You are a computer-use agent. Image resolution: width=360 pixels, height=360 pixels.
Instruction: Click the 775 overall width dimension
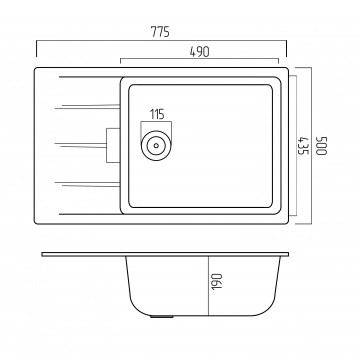(x=160, y=32)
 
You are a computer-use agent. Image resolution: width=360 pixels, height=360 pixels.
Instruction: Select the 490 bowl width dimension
(x=199, y=52)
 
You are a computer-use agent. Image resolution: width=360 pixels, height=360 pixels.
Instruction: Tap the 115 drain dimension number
(x=157, y=114)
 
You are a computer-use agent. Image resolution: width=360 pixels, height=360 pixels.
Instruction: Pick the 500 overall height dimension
(x=322, y=145)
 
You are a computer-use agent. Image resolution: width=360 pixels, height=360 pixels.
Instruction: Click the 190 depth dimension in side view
(x=217, y=281)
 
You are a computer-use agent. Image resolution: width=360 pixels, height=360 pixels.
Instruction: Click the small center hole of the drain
(x=156, y=145)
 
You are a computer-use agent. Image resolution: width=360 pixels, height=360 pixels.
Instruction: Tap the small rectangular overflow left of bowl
(x=113, y=145)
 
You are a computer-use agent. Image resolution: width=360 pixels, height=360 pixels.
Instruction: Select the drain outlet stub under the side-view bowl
(x=161, y=316)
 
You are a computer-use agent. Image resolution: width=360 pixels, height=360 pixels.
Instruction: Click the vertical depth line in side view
(x=208, y=286)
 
